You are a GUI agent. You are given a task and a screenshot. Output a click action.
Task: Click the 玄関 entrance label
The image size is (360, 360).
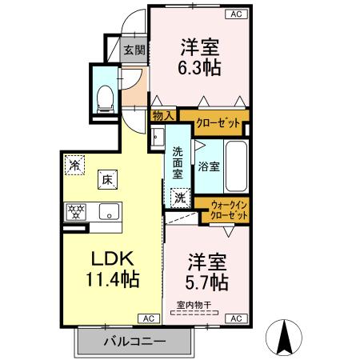(x=134, y=50)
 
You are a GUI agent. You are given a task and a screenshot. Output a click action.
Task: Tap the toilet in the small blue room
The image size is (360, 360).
(x=103, y=96)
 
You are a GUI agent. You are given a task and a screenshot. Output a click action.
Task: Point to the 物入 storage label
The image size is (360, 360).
(x=162, y=115)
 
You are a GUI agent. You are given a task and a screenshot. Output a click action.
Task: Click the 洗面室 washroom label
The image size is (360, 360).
(x=178, y=162)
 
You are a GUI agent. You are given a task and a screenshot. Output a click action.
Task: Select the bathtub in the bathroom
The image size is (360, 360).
(x=237, y=166)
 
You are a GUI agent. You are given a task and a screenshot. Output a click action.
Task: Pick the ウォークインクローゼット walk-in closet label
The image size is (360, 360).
(x=228, y=211)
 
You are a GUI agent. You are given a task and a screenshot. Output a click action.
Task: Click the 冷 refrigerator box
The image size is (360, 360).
(x=74, y=165)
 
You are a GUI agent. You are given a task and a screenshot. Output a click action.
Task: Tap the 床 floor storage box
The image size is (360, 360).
(x=106, y=180)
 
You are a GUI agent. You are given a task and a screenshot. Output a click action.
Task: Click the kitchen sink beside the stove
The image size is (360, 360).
(x=109, y=211)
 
